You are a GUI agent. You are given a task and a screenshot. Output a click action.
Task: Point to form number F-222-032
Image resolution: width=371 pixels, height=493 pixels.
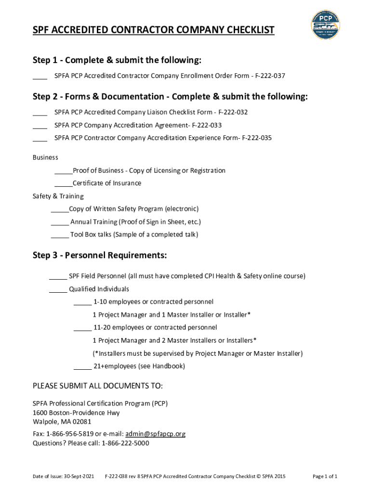tap(233, 112)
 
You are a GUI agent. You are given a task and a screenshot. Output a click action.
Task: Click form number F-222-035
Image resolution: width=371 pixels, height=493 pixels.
tap(257, 138)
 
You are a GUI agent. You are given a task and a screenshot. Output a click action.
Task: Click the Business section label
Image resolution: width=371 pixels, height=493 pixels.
tap(45, 157)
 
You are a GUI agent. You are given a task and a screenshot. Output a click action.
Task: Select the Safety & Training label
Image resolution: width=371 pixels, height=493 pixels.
tap(58, 196)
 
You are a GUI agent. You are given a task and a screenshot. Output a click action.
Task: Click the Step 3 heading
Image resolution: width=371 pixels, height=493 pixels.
tap(100, 255)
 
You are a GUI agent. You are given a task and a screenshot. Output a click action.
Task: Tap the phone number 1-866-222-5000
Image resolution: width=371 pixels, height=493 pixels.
tap(125, 443)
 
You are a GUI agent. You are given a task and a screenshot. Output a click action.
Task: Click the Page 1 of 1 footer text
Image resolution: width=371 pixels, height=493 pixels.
tap(325, 477)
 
